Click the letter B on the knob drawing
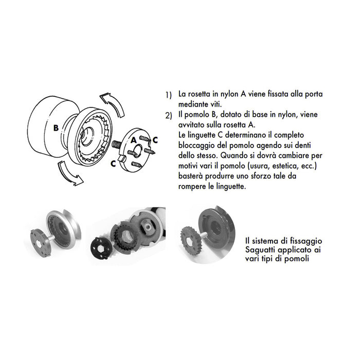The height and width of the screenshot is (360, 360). (x=56, y=127)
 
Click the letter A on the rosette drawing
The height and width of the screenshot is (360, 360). (x=133, y=139)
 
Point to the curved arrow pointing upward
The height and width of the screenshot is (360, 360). (x=114, y=105)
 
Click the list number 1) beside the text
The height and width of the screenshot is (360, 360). (x=168, y=96)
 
